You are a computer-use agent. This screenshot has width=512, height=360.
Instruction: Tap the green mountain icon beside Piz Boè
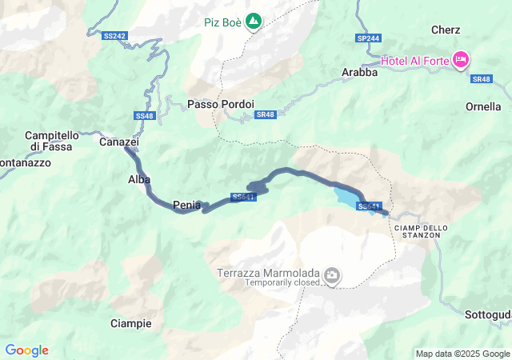pyautogui.click(x=254, y=20)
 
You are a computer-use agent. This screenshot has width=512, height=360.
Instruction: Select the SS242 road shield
pyautogui.click(x=115, y=36)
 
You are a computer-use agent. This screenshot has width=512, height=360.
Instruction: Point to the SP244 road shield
pyautogui.click(x=369, y=38)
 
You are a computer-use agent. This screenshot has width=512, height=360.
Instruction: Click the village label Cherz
pyautogui.click(x=445, y=30)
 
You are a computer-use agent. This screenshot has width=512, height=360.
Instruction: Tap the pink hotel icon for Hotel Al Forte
pyautogui.click(x=461, y=59)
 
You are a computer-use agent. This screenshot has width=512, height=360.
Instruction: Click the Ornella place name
pyautogui.click(x=483, y=106)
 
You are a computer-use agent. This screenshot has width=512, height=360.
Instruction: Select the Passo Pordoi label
pyautogui.click(x=221, y=104)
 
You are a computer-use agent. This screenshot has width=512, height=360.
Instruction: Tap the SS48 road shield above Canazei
pyautogui.click(x=144, y=116)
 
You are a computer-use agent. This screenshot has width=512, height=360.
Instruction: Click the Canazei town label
pyautogui.click(x=119, y=142)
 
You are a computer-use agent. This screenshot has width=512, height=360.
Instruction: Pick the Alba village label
pyautogui.click(x=139, y=179)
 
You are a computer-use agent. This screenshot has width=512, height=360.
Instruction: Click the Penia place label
pyautogui.click(x=186, y=205)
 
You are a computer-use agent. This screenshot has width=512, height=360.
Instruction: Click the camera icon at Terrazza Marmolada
pyautogui.click(x=332, y=277)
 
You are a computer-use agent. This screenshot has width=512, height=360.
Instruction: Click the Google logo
pyautogui.click(x=26, y=350)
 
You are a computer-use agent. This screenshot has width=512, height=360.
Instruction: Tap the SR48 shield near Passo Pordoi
pyautogui.click(x=266, y=114)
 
